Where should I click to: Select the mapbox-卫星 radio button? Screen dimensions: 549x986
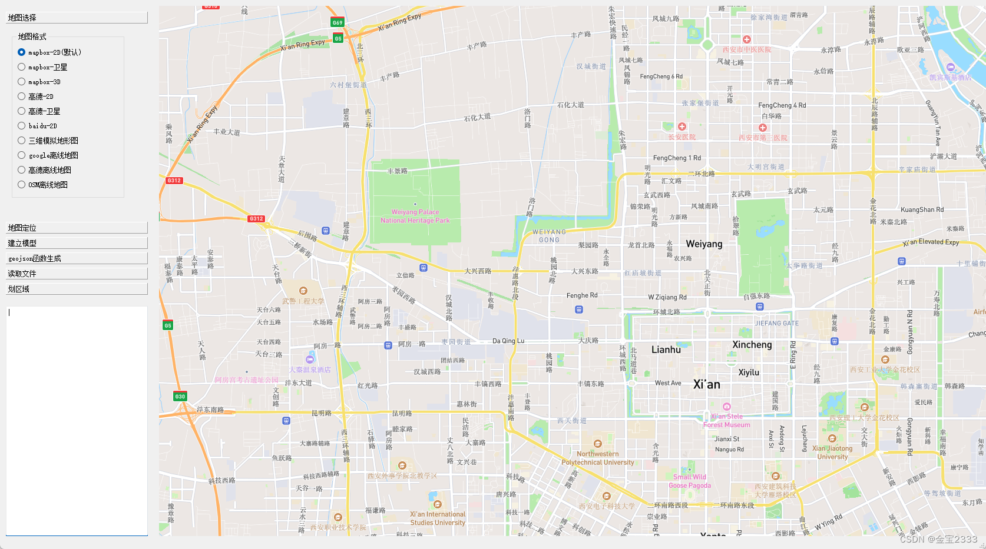[22, 67]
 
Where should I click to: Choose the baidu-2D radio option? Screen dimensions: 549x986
[22, 126]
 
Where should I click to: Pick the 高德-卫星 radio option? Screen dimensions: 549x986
[22, 111]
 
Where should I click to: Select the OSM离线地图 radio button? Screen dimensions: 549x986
[22, 185]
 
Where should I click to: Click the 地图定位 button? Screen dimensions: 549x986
[77, 228]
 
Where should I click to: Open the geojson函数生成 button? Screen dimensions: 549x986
[77, 258]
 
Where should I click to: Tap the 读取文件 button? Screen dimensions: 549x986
[77, 274]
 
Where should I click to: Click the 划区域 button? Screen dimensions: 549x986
[77, 289]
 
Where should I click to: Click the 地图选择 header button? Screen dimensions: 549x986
[77, 18]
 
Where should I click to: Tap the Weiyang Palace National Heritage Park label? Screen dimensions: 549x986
[415, 216]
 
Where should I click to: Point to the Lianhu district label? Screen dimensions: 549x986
[666, 350]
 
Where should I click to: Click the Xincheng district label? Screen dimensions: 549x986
[752, 345]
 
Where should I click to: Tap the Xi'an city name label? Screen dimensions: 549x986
[707, 385]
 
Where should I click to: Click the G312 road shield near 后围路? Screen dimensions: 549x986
[256, 219]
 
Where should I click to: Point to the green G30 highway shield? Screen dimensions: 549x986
[180, 396]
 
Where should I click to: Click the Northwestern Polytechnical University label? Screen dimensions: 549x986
[598, 458]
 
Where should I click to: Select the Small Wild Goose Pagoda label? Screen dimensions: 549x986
[690, 481]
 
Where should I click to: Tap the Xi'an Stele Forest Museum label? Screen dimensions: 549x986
[727, 420]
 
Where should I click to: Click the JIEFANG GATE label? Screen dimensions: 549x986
[777, 323]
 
